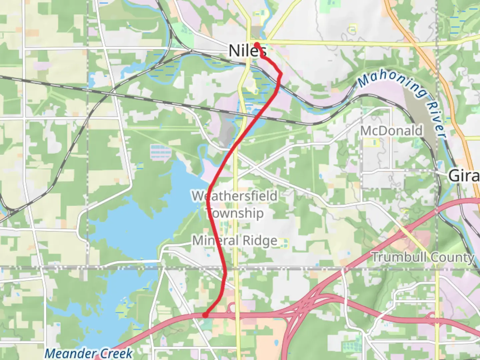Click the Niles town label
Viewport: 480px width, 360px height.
[x=247, y=51]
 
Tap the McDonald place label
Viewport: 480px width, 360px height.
[x=392, y=131]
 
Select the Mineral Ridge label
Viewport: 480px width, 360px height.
[x=235, y=240]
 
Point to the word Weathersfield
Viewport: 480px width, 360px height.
[x=235, y=196]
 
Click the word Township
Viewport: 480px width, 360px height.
[x=235, y=213]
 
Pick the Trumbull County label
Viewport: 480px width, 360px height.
[x=423, y=257]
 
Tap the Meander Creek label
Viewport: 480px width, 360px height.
[x=89, y=353]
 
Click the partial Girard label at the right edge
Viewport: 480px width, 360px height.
[x=464, y=176]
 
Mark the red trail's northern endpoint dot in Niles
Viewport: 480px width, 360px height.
[x=257, y=44]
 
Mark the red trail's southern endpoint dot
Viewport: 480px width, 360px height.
[x=206, y=315]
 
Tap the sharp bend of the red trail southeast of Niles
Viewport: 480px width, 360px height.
[x=281, y=74]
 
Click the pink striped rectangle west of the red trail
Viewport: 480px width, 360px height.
[x=161, y=151]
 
